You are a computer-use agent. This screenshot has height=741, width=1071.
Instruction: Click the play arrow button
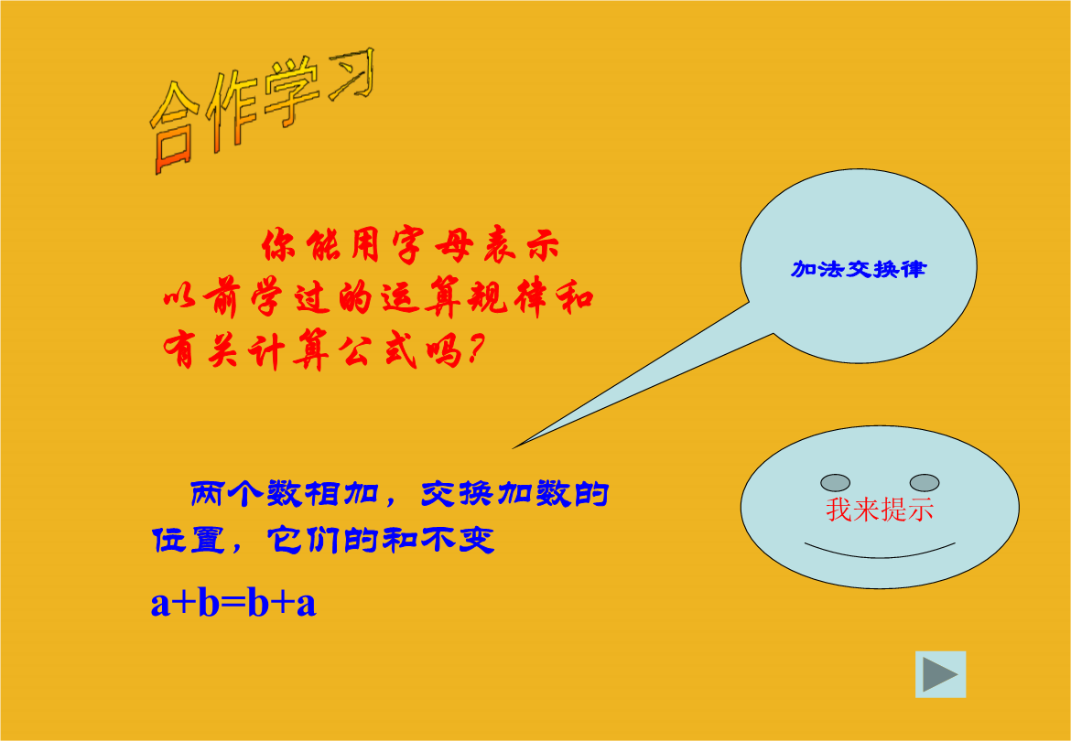(940, 674)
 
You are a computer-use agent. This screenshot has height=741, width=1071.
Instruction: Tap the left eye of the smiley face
(835, 483)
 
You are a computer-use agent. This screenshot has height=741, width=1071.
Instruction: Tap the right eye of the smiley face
(925, 483)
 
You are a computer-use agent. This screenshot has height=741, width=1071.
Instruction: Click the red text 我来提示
(880, 510)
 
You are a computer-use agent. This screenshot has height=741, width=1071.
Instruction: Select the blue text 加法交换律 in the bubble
(859, 269)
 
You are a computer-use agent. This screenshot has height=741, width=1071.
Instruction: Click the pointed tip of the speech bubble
(514, 447)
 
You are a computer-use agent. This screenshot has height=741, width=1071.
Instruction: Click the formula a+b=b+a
(233, 603)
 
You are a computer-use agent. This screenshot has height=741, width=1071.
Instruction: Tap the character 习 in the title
(352, 74)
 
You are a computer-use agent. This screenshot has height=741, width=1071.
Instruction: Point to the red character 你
(278, 245)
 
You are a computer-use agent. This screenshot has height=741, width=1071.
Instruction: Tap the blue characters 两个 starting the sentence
(225, 494)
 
